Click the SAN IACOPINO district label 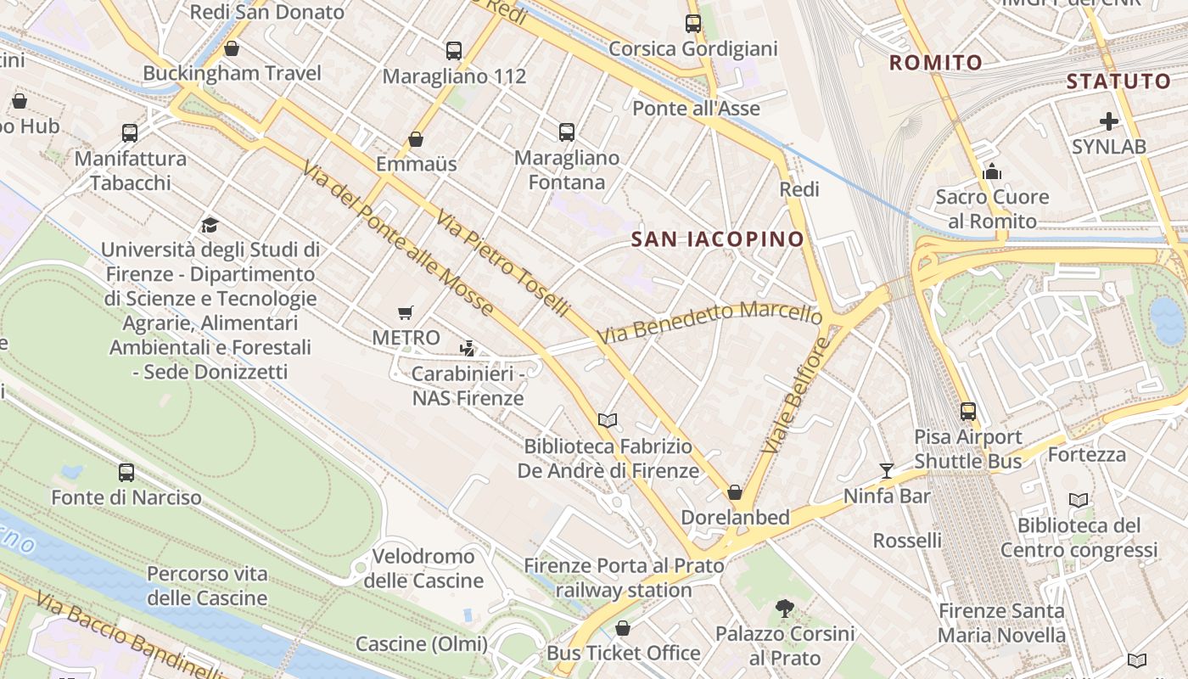(717, 239)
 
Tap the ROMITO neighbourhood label (935, 62)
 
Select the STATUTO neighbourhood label (1118, 81)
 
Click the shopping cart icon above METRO (406, 313)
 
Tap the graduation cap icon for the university (210, 225)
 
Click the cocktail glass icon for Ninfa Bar (887, 470)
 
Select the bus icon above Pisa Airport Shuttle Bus (968, 412)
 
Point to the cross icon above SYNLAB (1108, 121)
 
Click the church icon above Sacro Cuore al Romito (992, 172)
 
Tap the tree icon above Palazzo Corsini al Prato (785, 608)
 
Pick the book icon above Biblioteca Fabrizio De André (607, 421)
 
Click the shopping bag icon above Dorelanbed (735, 492)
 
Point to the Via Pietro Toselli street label (502, 264)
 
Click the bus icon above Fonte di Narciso (126, 472)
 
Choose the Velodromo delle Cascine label (423, 569)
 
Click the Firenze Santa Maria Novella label (1001, 622)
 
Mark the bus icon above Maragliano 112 (454, 51)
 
